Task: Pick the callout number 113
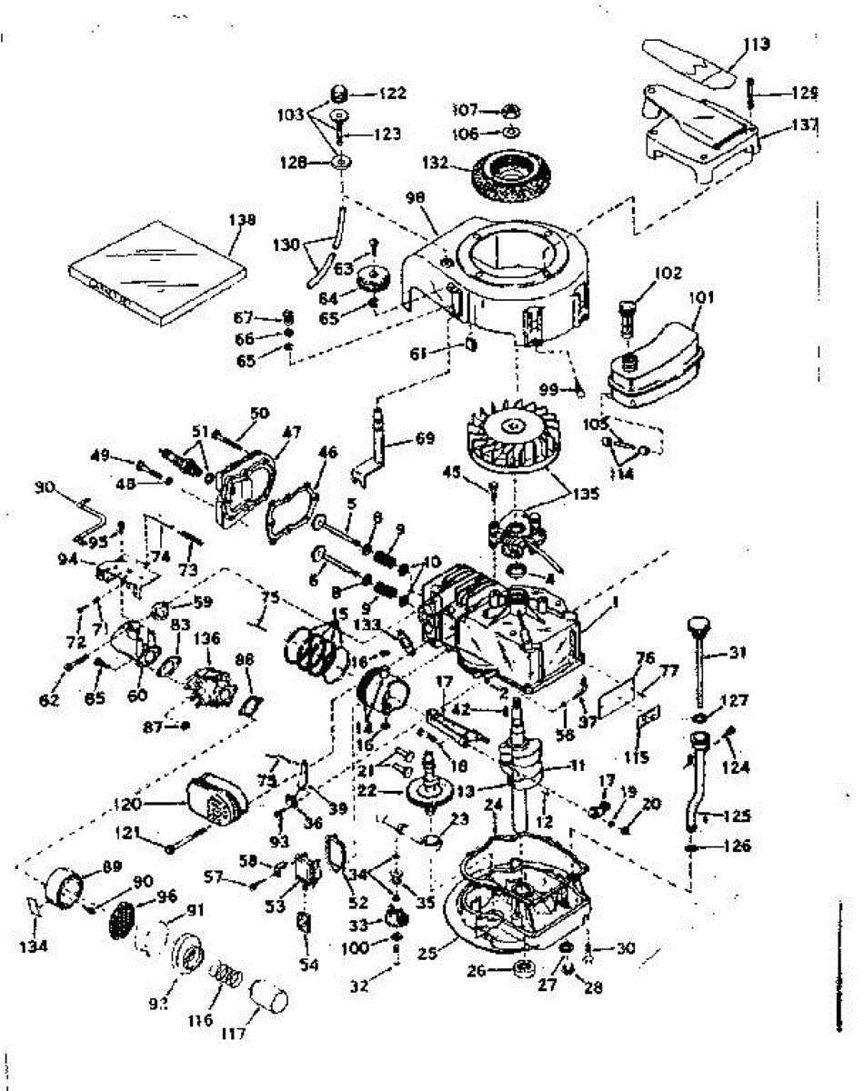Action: click(755, 42)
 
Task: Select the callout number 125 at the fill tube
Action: click(737, 815)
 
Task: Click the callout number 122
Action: click(393, 93)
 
